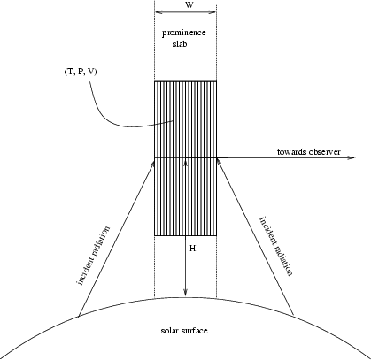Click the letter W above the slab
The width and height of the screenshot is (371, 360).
pyautogui.click(x=190, y=4)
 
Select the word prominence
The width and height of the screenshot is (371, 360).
pyautogui.click(x=183, y=33)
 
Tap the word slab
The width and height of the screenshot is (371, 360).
pyautogui.click(x=180, y=44)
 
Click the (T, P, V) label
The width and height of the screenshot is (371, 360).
pyautogui.click(x=81, y=72)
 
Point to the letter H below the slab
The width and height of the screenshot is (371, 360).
pyautogui.click(x=192, y=249)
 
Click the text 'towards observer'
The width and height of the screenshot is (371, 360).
pyautogui.click(x=309, y=152)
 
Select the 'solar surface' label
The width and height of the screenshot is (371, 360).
pyautogui.click(x=184, y=331)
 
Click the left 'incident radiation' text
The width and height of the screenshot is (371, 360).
pyautogui.click(x=94, y=256)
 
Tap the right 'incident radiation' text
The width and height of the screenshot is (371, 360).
pyautogui.click(x=276, y=246)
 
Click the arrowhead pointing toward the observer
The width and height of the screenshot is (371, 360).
pyautogui.click(x=352, y=158)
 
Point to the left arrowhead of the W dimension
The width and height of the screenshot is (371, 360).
pyautogui.click(x=158, y=12)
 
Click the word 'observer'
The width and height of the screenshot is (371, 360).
pyautogui.click(x=325, y=152)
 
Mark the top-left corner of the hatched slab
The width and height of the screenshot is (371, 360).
pyautogui.click(x=155, y=81)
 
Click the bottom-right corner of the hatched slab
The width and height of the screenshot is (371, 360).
pyautogui.click(x=216, y=235)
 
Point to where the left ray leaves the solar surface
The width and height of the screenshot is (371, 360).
pyautogui.click(x=79, y=317)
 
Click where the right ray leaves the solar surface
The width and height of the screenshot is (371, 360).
pyautogui.click(x=294, y=315)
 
